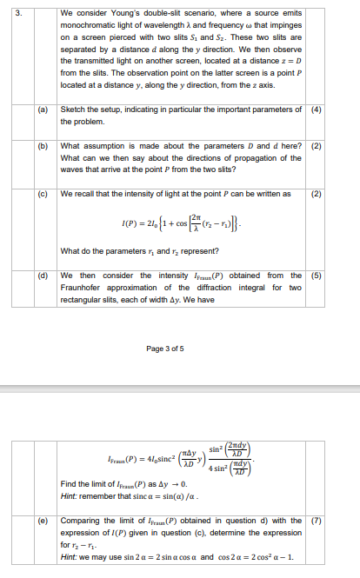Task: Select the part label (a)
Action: (43, 110)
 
